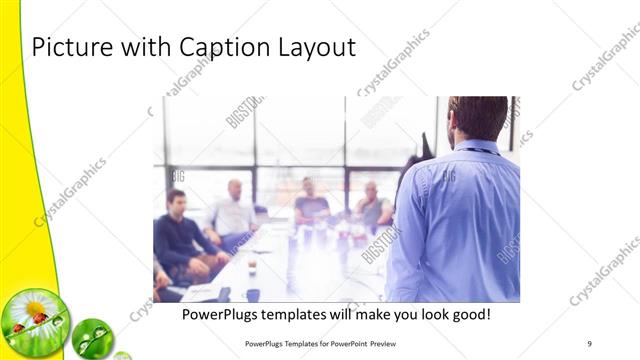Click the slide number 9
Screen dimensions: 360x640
(589, 343)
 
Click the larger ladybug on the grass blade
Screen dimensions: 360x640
(39, 319)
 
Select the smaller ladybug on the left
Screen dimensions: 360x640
(19, 328)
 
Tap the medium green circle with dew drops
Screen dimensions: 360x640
(93, 336)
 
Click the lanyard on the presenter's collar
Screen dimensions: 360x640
(478, 152)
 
